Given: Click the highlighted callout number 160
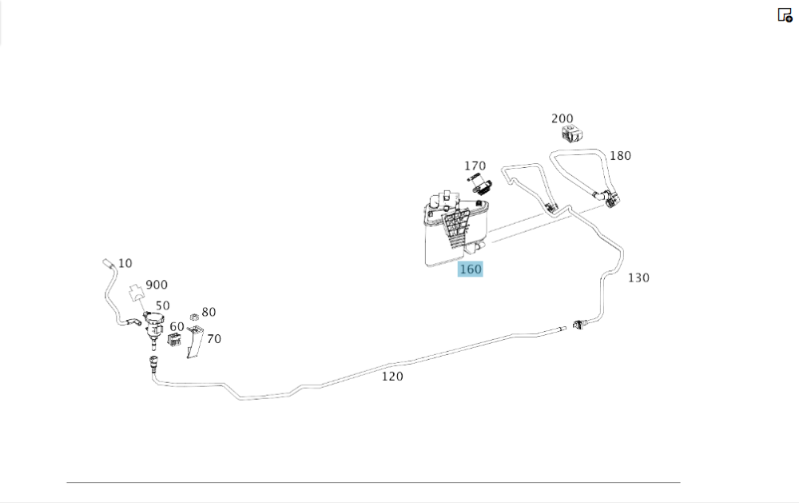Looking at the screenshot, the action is pos(471,269).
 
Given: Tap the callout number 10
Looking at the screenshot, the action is pos(125,263).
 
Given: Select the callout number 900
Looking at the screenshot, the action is pos(157,285).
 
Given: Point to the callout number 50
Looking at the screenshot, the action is pos(162,305).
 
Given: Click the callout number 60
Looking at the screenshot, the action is pos(177,327).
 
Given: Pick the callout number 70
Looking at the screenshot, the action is pos(214,339).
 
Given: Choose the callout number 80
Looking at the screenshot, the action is pos(209,312).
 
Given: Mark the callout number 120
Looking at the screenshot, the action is pos(392,377).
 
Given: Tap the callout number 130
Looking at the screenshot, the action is pos(638,278).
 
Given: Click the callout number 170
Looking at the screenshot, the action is pos(475,166).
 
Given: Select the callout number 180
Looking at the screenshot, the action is pos(620,156).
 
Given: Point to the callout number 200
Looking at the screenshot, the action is pos(562,119).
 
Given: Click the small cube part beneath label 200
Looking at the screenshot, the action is pos(572,134).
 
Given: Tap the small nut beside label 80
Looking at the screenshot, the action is pos(194,317).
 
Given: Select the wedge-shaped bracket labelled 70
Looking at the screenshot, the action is pos(195,341).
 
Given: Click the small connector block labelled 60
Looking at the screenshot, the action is pos(174,340).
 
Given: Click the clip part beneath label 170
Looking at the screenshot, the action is pos(480,184).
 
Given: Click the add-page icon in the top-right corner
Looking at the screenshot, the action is pos(785,15).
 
